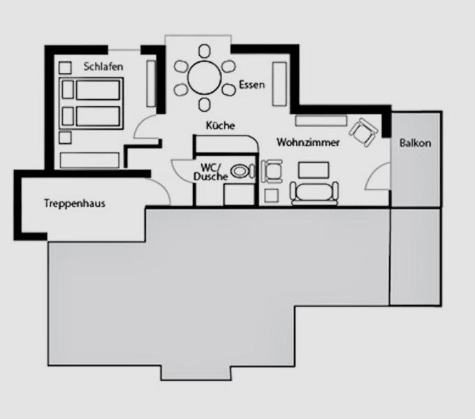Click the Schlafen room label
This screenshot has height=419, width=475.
pyautogui.click(x=103, y=66)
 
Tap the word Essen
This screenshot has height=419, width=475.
pyautogui.click(x=251, y=84)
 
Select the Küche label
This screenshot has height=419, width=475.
pyautogui.click(x=220, y=125)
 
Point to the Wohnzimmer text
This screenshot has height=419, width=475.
pyautogui.click(x=308, y=142)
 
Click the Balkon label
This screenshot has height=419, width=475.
pyautogui.click(x=415, y=143)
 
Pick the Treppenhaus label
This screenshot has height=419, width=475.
pyautogui.click(x=75, y=203)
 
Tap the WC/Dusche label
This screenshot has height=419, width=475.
pyautogui.click(x=210, y=172)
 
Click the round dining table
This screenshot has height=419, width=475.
pyautogui.click(x=205, y=78)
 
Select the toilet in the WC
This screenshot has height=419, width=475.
pyautogui.click(x=242, y=171)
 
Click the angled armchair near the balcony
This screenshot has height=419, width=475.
pyautogui.click(x=363, y=132)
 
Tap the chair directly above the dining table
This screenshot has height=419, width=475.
pyautogui.click(x=205, y=51)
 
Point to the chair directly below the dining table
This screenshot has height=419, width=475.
pyautogui.click(x=205, y=104)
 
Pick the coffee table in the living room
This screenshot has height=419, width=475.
pyautogui.click(x=314, y=170)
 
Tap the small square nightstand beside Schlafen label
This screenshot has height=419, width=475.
pyautogui.click(x=65, y=68)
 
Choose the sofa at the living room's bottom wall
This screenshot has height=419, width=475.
pyautogui.click(x=314, y=192)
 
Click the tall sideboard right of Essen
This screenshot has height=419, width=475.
pyautogui.click(x=279, y=84)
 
